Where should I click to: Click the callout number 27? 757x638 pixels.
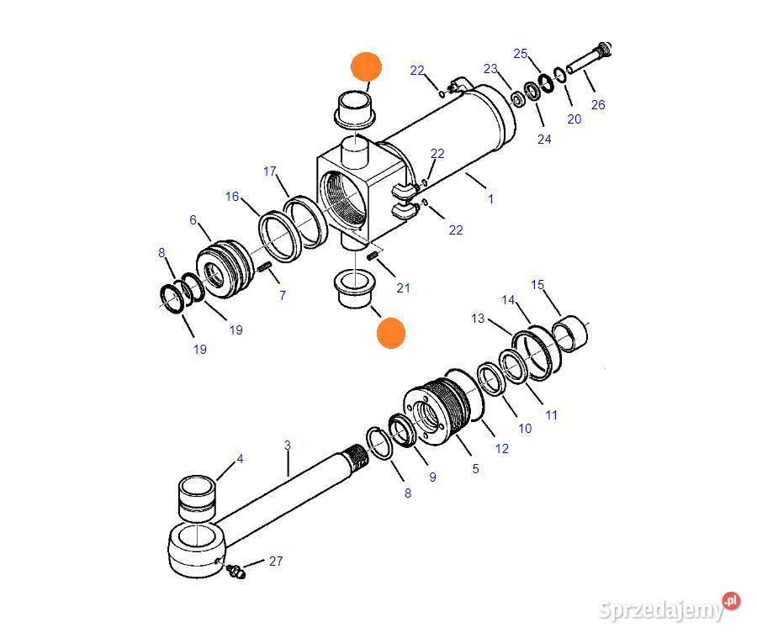(276, 561)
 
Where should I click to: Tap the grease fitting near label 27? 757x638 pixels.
(236, 571)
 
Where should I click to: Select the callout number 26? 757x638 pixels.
(598, 105)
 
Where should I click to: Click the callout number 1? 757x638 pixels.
(490, 199)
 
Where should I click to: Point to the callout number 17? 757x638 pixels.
(270, 171)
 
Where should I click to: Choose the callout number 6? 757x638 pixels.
(193, 220)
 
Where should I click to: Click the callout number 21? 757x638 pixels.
(403, 288)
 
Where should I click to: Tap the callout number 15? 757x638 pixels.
(537, 285)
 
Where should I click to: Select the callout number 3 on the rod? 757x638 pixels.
(288, 445)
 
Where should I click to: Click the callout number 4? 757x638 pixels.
(240, 458)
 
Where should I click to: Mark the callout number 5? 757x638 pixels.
(475, 468)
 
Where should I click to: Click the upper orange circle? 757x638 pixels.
(367, 66)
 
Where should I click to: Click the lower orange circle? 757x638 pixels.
(390, 333)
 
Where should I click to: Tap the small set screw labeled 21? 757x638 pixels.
(372, 256)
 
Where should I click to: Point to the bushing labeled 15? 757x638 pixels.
(569, 334)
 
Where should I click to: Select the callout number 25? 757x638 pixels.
(521, 54)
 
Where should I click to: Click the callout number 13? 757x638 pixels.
(478, 319)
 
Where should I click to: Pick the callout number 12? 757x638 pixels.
(502, 449)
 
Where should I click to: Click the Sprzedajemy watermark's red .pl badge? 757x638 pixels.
(731, 601)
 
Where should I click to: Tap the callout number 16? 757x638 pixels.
(232, 197)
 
